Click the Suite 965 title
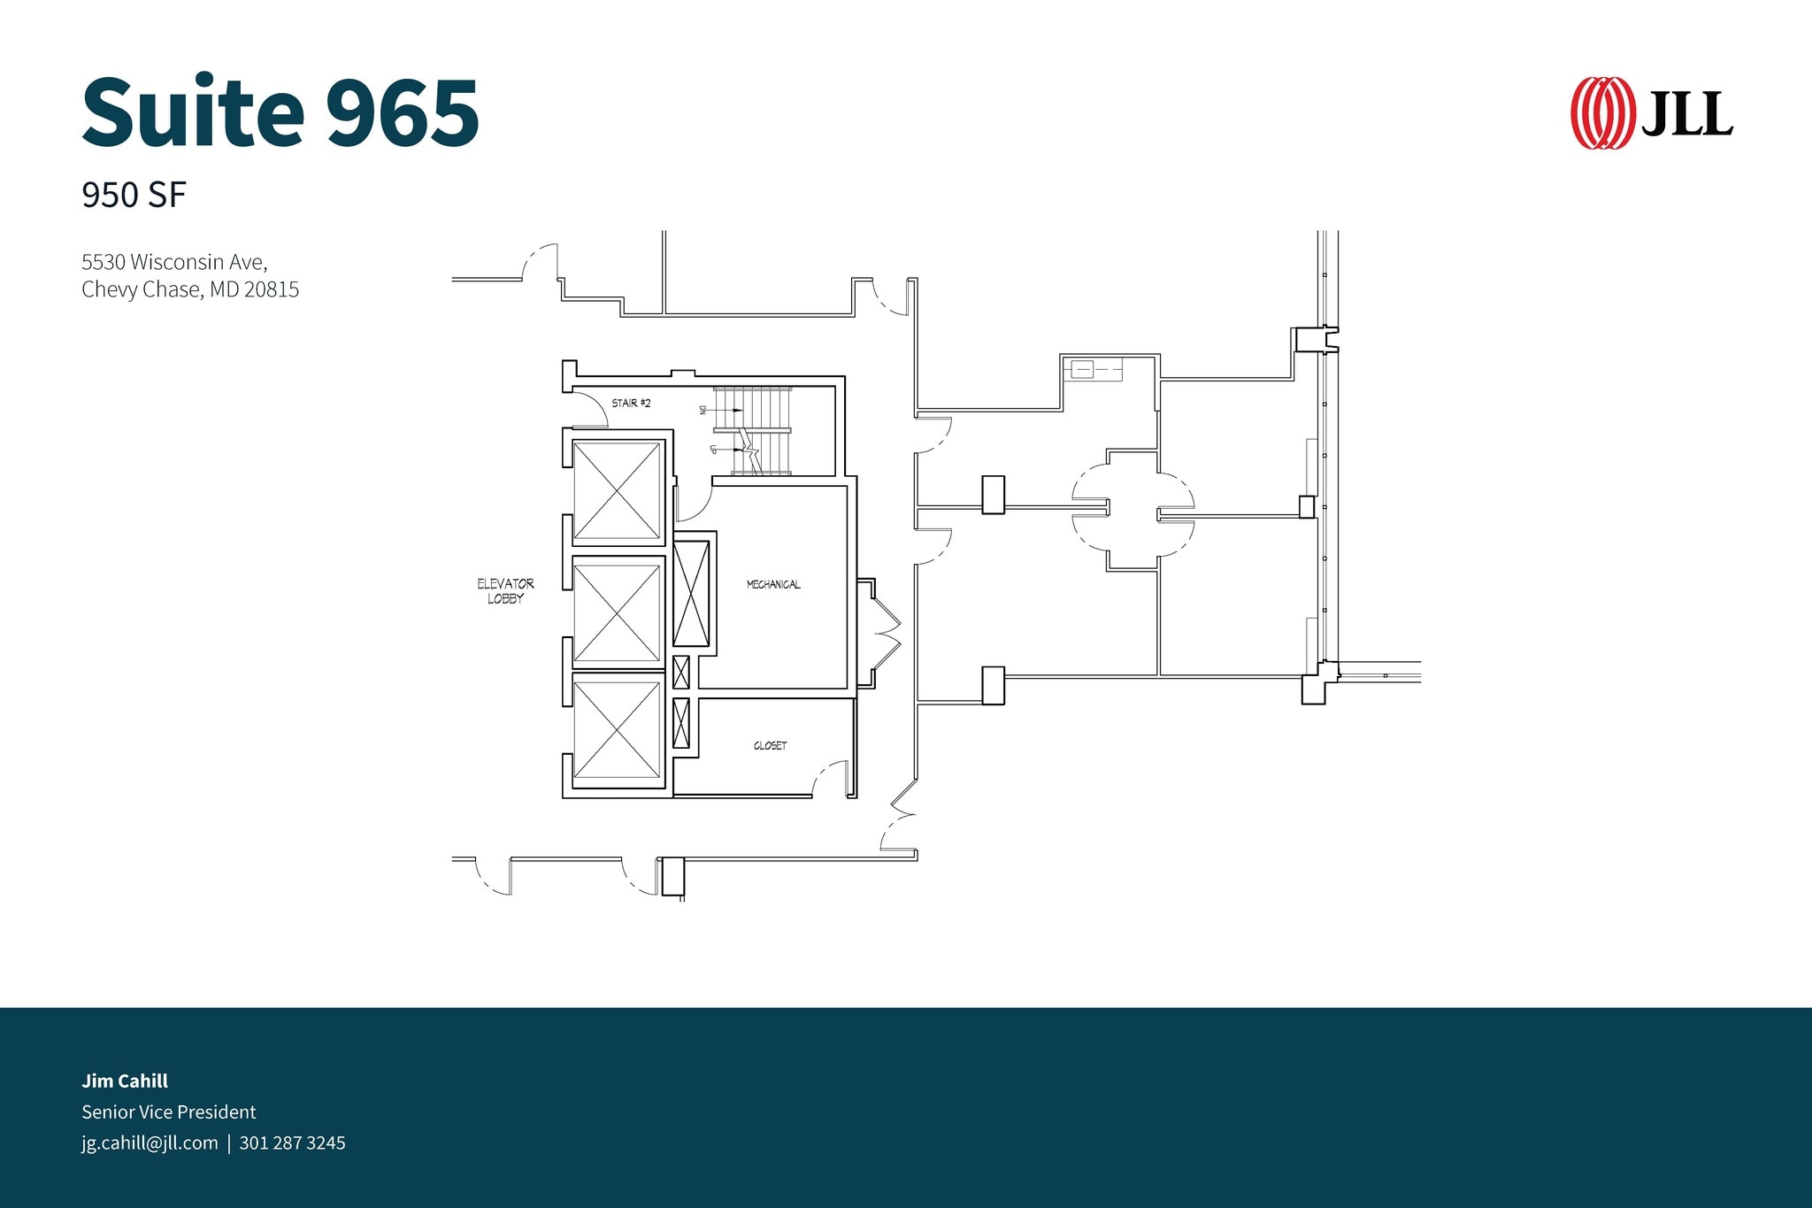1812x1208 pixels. [280, 112]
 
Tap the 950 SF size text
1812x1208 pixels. [134, 196]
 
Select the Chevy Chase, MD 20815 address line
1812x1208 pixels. [190, 289]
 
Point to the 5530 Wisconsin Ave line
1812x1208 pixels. [174, 262]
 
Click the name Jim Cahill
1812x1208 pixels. [125, 1081]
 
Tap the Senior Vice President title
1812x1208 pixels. [168, 1112]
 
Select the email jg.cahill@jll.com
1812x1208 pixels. [150, 1143]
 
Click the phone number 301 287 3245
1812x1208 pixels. [292, 1143]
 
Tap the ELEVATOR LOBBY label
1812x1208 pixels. [505, 590]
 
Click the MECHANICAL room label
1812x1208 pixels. [773, 584]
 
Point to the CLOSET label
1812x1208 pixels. [770, 745]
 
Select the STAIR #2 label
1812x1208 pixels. [631, 403]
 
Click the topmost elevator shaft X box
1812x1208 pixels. [617, 489]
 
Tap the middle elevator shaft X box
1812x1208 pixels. [617, 612]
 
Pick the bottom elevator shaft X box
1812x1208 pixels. [617, 731]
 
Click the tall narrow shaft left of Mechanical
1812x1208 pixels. [691, 593]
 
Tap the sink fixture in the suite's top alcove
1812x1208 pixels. [1083, 369]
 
